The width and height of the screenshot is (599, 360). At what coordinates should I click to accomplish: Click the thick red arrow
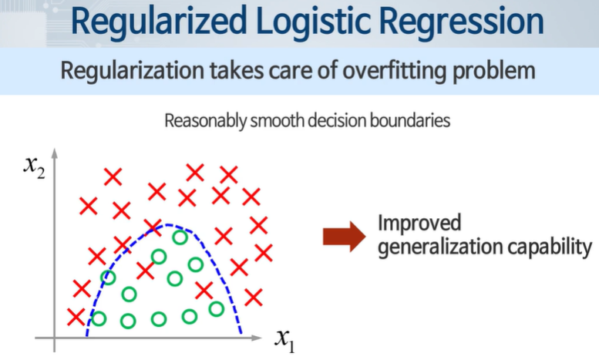[x=342, y=237]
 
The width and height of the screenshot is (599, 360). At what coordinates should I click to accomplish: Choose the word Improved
[x=419, y=224]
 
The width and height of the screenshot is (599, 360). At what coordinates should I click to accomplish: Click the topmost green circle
[x=180, y=237]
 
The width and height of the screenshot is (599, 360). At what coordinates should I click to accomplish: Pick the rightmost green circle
[x=217, y=308]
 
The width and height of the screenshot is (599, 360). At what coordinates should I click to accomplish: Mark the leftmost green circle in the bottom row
[x=99, y=318]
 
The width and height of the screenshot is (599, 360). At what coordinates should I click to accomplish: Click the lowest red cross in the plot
[x=76, y=316]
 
